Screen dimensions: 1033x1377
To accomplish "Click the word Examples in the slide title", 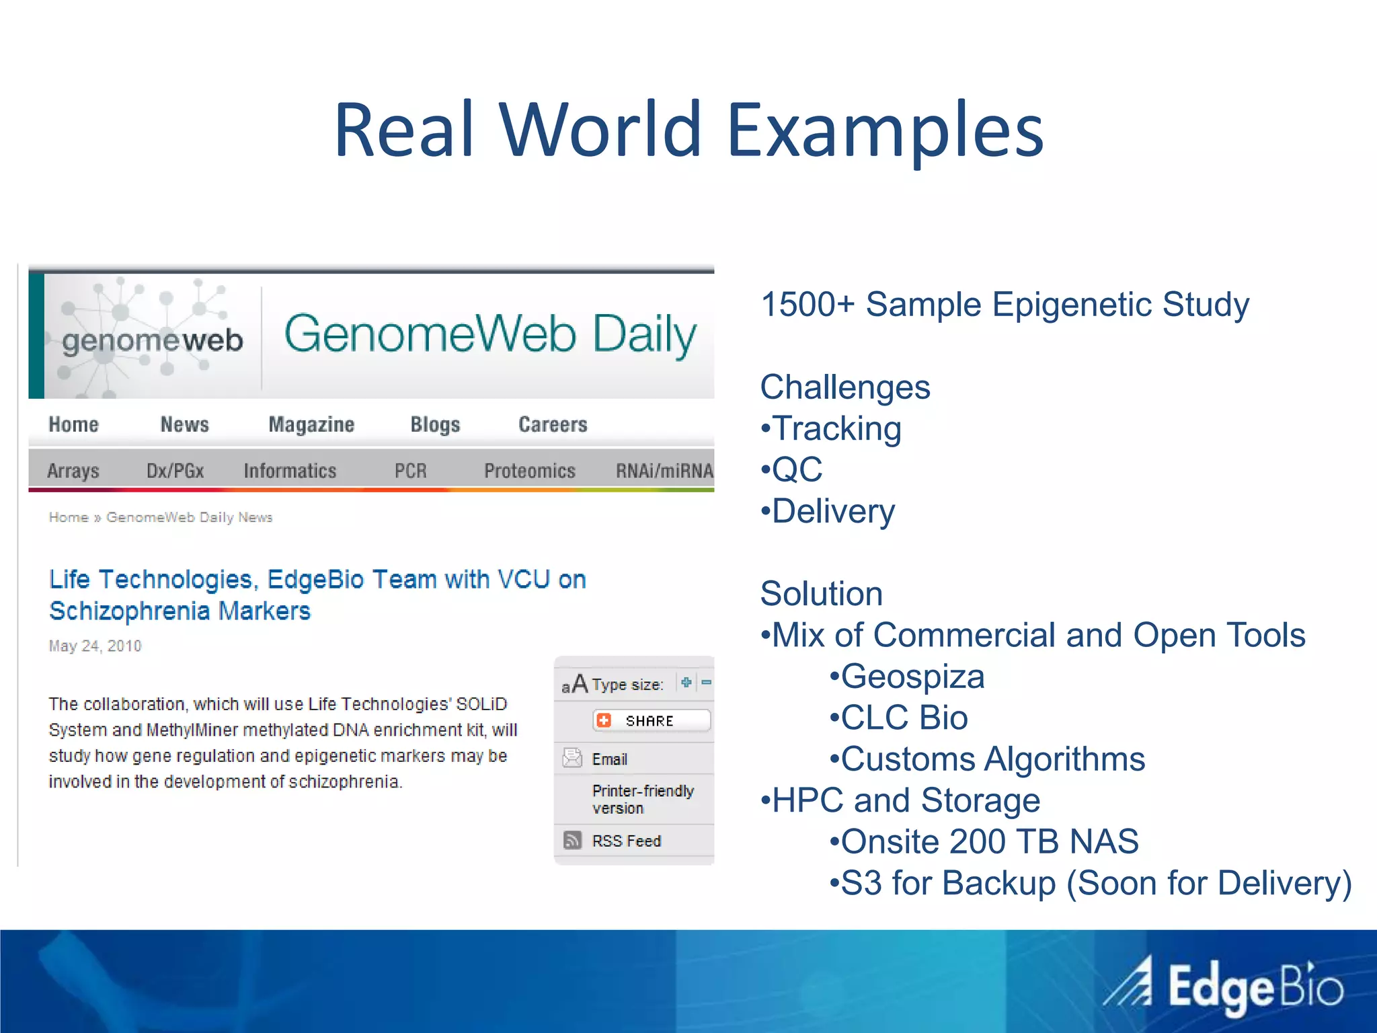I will pos(885,130).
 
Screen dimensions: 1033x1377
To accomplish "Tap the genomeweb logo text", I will pos(152,340).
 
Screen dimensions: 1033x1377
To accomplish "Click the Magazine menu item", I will pos(311,424).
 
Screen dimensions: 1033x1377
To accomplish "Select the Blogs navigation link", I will pos(435,424).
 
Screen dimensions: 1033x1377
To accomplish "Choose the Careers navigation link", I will pos(553,424).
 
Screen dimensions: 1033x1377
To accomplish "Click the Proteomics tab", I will pos(530,471).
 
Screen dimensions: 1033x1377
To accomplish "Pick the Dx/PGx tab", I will pos(175,471).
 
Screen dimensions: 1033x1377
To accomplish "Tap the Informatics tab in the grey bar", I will pos(290,471).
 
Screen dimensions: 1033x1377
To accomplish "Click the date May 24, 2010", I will pos(95,646).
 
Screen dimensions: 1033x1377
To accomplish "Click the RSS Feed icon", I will pos(572,840).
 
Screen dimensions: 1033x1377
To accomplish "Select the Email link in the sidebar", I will pos(609,759).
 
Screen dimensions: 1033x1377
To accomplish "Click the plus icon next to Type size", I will pos(686,683).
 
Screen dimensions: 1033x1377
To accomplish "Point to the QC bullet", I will pos(797,469).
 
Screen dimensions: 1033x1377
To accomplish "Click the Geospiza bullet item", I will pos(912,677).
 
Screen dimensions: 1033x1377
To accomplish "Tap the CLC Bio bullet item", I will pos(904,718).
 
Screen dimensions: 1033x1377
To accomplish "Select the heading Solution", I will pos(821,594).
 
